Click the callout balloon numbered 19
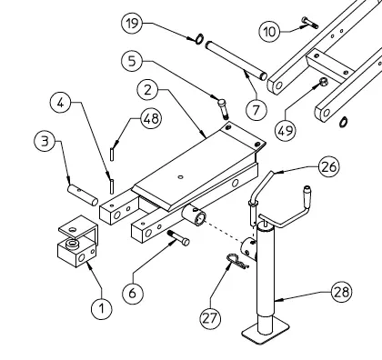[132, 24]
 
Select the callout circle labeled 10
[269, 31]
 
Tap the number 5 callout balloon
[132, 61]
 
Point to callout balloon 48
[151, 118]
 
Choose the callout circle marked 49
[286, 131]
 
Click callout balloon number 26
[329, 166]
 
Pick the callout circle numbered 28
[342, 292]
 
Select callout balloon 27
[210, 318]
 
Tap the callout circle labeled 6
[133, 293]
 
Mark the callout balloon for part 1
[102, 308]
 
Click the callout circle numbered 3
[45, 141]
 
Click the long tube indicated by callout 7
[236, 61]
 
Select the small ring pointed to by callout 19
[199, 39]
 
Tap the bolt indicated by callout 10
[310, 23]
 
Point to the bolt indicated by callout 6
[178, 237]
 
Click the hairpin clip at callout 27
[237, 261]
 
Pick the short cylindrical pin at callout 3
[83, 195]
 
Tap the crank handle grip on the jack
[307, 194]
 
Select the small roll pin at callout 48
[112, 154]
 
